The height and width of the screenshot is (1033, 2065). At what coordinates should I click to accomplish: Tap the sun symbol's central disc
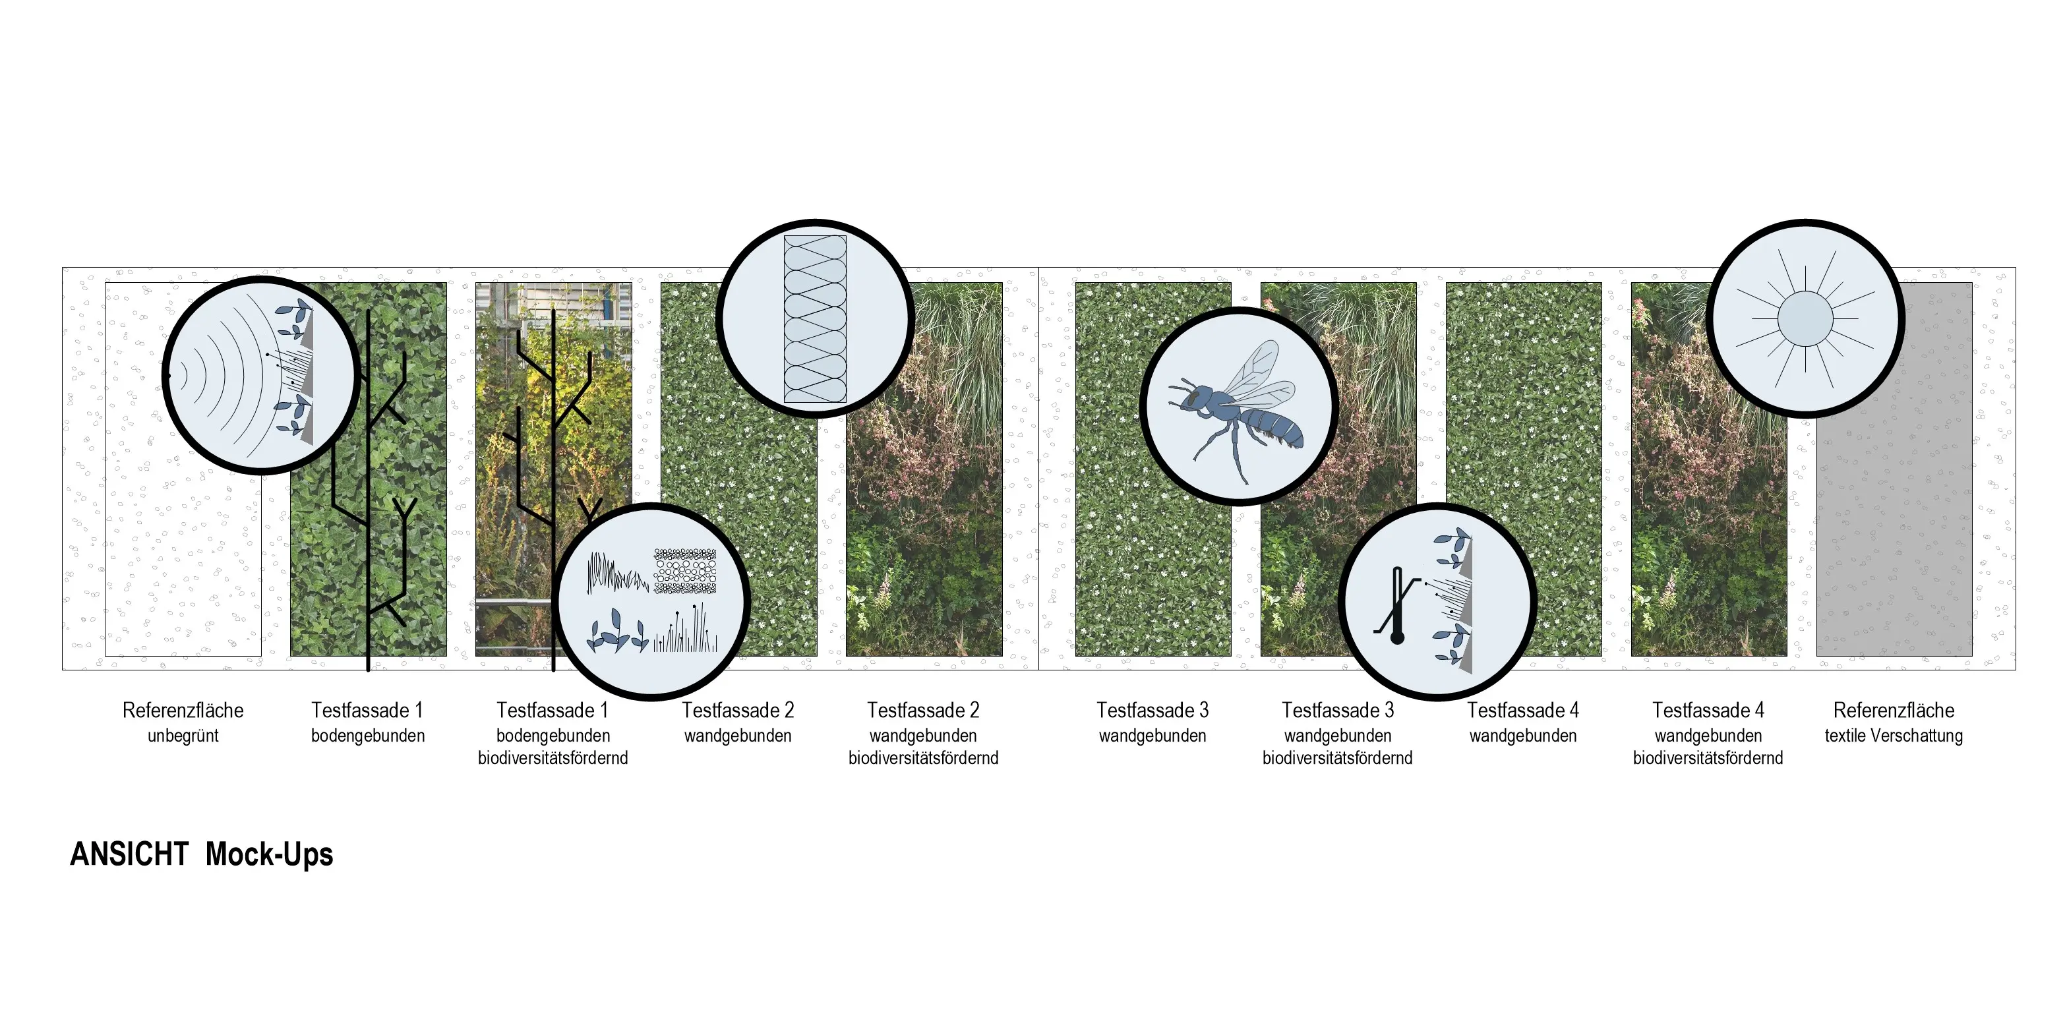click(x=1805, y=318)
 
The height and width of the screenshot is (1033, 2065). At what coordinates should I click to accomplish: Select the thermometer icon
click(x=1397, y=605)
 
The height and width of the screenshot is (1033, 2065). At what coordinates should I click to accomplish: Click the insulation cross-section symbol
click(x=814, y=319)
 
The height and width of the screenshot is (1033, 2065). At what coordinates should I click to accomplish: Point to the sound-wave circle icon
click(x=260, y=375)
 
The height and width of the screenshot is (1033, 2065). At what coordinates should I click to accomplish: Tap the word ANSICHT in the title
click(x=129, y=854)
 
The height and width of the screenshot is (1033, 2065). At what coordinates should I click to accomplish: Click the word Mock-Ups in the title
click(x=270, y=855)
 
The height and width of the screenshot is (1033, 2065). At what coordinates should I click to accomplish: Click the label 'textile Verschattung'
click(x=1894, y=736)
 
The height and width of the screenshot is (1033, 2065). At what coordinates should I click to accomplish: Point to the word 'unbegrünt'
click(x=183, y=736)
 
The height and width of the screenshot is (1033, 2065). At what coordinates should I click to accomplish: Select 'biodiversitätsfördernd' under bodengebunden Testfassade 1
click(x=553, y=758)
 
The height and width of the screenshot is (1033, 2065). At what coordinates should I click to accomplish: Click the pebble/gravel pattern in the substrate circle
click(x=686, y=571)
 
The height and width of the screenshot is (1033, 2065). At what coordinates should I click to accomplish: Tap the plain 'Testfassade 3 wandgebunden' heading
click(x=1152, y=722)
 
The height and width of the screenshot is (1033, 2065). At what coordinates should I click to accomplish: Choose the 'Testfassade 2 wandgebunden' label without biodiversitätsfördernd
click(x=738, y=722)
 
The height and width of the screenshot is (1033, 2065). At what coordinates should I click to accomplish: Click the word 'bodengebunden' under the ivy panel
click(x=368, y=736)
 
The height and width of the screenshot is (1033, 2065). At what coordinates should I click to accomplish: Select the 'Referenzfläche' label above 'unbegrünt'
click(x=183, y=710)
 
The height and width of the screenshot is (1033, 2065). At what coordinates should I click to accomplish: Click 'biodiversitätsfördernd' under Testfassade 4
click(x=1708, y=758)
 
